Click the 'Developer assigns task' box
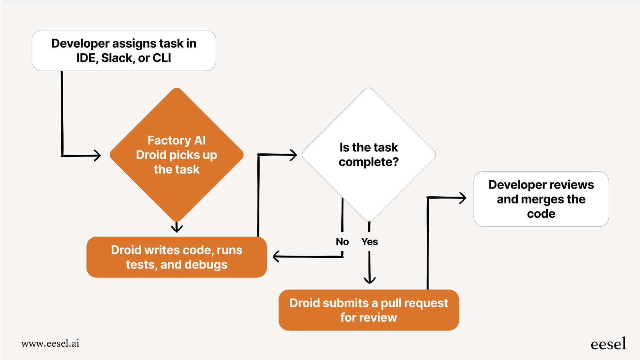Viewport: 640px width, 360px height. click(x=124, y=50)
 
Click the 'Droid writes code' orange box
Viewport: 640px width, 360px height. click(x=176, y=257)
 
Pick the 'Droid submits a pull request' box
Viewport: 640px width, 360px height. click(x=368, y=310)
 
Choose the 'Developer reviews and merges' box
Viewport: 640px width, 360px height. click(x=541, y=199)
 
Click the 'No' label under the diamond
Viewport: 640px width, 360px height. click(x=342, y=242)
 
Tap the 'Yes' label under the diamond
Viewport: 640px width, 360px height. click(x=370, y=242)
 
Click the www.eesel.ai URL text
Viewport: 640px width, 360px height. click(x=50, y=343)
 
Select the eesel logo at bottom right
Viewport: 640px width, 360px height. click(x=608, y=344)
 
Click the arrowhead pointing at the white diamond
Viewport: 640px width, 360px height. click(x=293, y=155)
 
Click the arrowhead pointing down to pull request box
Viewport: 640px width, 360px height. click(x=370, y=280)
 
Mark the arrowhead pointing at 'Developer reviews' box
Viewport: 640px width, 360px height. click(x=463, y=198)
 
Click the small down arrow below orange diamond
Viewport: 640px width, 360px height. click(x=176, y=228)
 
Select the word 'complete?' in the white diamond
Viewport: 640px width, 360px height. click(x=368, y=162)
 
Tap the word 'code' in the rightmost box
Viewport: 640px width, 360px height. click(x=541, y=214)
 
